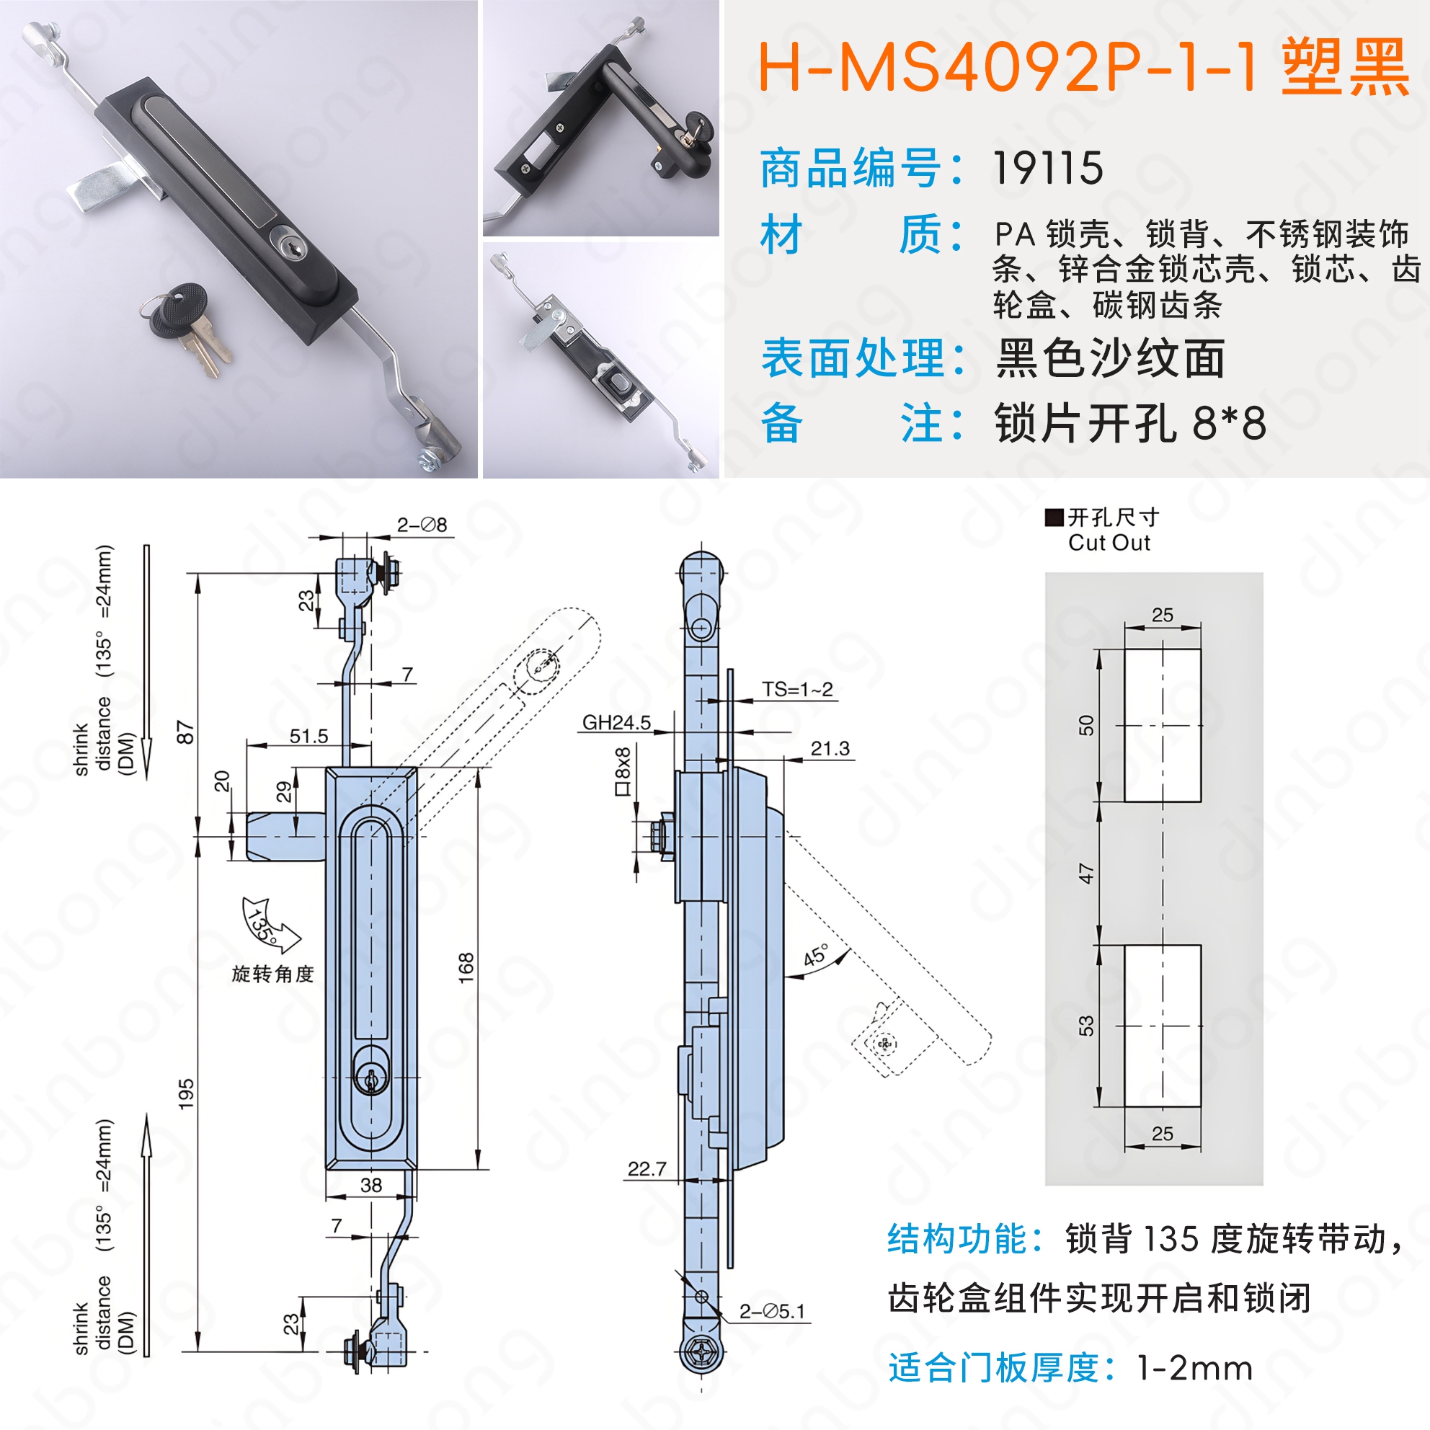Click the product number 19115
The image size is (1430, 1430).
point(1047,168)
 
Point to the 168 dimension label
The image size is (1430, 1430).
point(466,967)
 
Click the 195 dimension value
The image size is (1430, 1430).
point(186,1093)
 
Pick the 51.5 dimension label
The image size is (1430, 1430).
point(308,736)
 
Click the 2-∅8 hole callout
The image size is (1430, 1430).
point(422,525)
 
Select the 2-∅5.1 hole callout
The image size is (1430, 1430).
point(771,1312)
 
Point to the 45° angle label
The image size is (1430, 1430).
point(816,955)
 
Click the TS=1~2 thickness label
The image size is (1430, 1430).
point(797,689)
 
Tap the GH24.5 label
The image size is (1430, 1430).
point(616,722)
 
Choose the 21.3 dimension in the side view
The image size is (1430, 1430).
point(830,748)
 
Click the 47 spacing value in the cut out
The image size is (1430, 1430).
point(1085,874)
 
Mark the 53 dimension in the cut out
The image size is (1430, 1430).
point(1085,1026)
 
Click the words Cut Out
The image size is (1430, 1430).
point(1109,543)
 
